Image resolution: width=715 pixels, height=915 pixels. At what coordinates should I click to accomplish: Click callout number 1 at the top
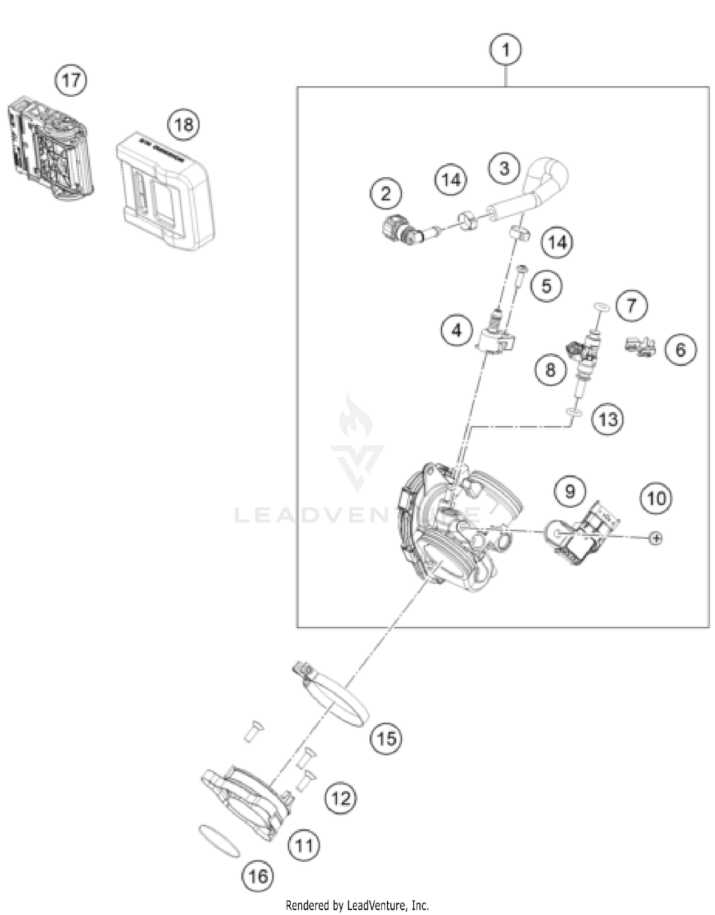pos(505,50)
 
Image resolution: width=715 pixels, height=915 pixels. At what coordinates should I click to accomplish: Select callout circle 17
pos(71,80)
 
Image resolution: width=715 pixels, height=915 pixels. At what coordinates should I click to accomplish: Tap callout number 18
pos(184,125)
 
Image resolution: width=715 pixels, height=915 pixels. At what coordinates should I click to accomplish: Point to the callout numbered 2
pos(386,193)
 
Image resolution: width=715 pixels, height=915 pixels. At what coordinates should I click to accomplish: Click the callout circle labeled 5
pos(546,286)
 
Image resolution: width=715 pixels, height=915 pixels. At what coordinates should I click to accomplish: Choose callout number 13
pos(608,420)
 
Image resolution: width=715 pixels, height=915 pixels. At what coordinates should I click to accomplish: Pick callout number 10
pos(656,499)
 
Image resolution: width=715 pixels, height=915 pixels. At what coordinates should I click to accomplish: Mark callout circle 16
pos(258,876)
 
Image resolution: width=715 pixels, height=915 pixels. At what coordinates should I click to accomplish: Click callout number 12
pos(340,798)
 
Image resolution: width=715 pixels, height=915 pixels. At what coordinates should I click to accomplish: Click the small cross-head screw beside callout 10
pos(656,538)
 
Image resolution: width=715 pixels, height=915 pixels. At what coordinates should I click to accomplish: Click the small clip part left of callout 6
pos(640,347)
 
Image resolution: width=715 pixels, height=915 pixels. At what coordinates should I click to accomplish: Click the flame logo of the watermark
pos(355,417)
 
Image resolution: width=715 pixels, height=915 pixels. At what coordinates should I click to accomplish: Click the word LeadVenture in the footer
pos(378,905)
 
